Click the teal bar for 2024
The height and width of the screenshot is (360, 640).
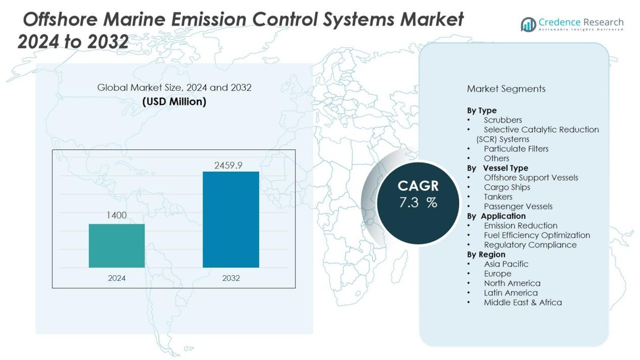[x=117, y=245]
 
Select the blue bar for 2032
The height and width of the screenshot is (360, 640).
[x=231, y=220]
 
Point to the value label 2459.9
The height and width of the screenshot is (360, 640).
[x=231, y=165]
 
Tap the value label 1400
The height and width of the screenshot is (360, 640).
[x=117, y=216]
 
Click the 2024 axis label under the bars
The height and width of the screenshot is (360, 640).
[x=117, y=278]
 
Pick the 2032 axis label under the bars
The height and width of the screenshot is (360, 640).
[x=231, y=278]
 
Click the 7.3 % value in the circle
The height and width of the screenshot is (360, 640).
[x=418, y=203]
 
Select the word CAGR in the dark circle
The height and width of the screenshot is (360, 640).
[x=418, y=186]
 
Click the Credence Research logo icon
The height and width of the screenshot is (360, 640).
[x=528, y=24]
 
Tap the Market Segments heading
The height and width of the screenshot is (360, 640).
[x=506, y=89]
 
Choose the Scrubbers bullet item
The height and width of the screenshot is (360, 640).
[x=503, y=120]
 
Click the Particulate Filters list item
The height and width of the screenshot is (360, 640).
[x=516, y=149]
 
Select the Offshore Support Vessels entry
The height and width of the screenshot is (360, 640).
[x=531, y=178]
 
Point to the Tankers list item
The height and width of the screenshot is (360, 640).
[x=498, y=197]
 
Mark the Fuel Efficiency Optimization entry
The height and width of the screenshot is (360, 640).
[x=536, y=235]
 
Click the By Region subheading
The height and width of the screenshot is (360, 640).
[x=486, y=254]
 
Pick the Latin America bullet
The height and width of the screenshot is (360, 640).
[x=511, y=293]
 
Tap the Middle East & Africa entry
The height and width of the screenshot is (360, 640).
[x=522, y=302]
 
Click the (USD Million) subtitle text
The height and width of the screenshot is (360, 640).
[x=174, y=101]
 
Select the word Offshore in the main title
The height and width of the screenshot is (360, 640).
[x=60, y=20]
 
